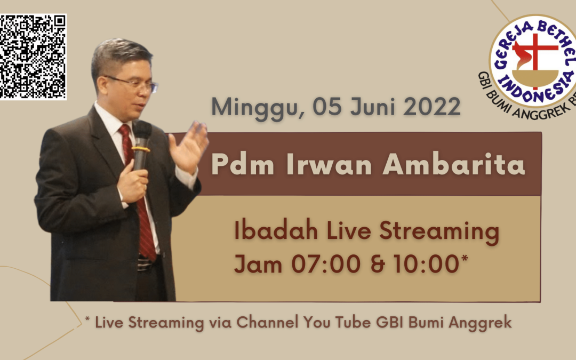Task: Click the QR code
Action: pyautogui.click(x=33, y=57)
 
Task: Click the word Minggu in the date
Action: pyautogui.click(x=258, y=107)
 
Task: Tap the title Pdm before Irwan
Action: pyautogui.click(x=243, y=165)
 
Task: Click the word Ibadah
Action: pyautogui.click(x=276, y=230)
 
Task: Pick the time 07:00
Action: pyautogui.click(x=325, y=264)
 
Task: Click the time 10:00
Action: pyautogui.click(x=426, y=264)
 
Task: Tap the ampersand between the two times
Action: pyautogui.click(x=377, y=265)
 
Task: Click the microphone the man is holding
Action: pyautogui.click(x=141, y=145)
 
